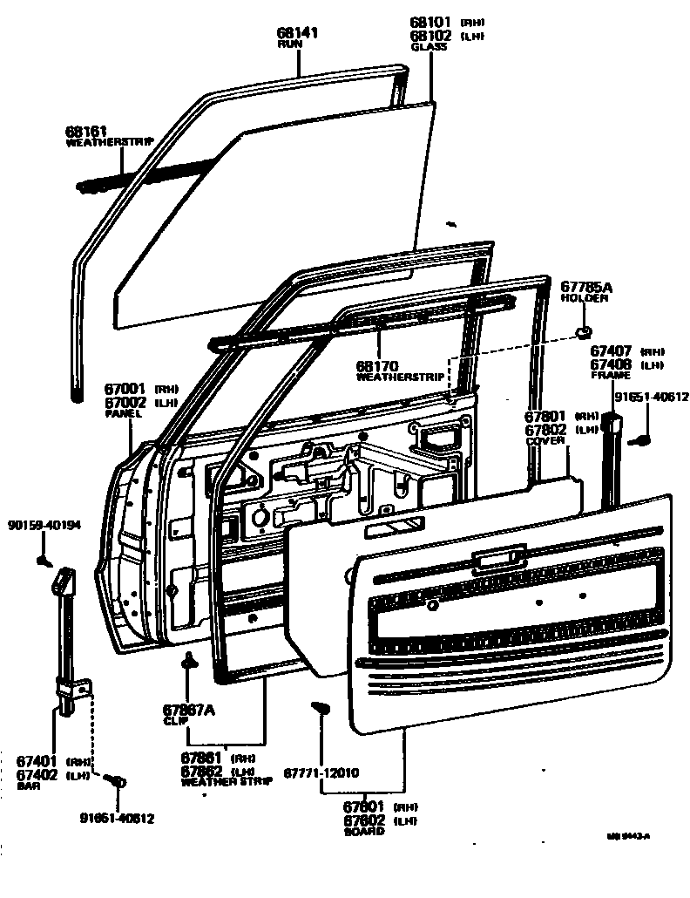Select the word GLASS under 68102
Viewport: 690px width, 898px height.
(x=429, y=46)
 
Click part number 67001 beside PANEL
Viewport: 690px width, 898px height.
(x=125, y=391)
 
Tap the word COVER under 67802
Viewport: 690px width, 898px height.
(x=545, y=441)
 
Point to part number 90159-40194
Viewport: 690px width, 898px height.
(x=44, y=525)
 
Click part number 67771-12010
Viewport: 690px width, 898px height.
(x=321, y=772)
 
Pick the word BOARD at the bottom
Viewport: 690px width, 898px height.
(x=363, y=832)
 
